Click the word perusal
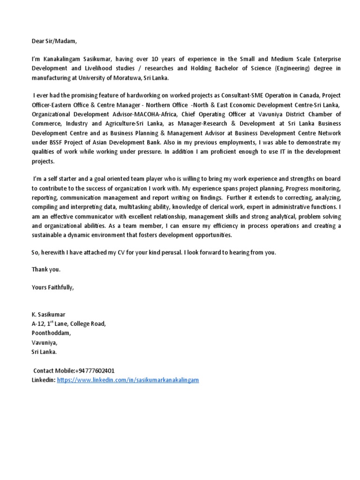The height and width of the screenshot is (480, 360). (x=166, y=252)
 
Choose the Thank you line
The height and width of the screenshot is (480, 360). (x=46, y=270)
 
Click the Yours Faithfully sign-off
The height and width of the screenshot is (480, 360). (x=52, y=287)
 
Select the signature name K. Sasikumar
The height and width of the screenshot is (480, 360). (x=49, y=315)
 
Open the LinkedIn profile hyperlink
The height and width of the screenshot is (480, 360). (x=128, y=380)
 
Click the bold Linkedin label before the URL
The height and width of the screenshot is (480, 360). (x=43, y=380)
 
